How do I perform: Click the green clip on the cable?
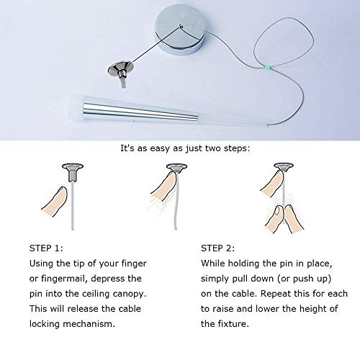tap(267, 67)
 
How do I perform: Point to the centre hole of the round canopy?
tap(181, 26)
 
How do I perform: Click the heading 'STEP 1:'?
tap(46, 248)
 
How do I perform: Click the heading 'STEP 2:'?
tap(218, 248)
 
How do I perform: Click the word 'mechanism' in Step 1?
tap(89, 324)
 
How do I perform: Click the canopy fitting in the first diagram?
tap(73, 172)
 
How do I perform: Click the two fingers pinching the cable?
tap(284, 218)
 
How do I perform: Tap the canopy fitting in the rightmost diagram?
tap(284, 167)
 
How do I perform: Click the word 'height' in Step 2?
tap(307, 309)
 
